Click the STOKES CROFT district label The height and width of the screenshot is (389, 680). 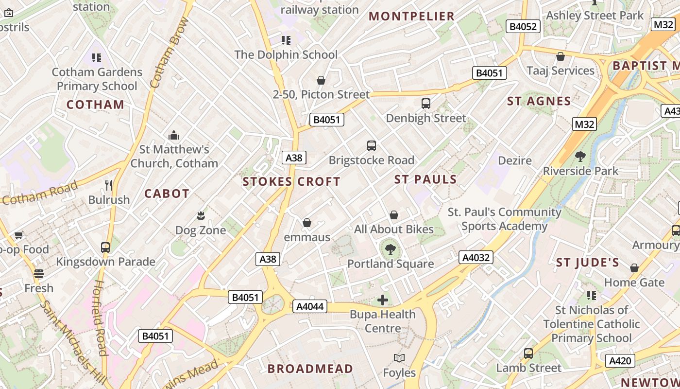coord(291,182)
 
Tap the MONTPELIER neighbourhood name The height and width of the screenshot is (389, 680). coord(411,16)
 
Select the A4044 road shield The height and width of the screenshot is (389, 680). coord(310,306)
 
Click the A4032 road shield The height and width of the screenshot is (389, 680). coord(476,257)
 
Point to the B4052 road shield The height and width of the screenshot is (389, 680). coord(523,26)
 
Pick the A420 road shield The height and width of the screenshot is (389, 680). coord(620,361)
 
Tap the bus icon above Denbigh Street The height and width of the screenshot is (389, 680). coord(426,103)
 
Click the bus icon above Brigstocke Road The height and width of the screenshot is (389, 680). coord(372,145)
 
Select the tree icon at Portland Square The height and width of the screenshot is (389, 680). coord(390,250)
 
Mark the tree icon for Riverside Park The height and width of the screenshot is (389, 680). coord(580,157)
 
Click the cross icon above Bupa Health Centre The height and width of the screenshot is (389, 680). coord(383,300)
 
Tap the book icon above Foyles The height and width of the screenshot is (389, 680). coord(399,358)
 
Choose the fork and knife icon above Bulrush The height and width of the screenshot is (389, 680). coord(109,185)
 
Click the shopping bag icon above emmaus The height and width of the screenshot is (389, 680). coord(306,223)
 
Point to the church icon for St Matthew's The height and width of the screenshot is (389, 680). coord(174,135)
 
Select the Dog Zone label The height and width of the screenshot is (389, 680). coord(200,230)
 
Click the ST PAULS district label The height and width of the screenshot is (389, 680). coord(425,179)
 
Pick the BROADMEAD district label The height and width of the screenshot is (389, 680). coord(310,369)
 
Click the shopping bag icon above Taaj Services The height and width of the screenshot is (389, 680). coord(561,56)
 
